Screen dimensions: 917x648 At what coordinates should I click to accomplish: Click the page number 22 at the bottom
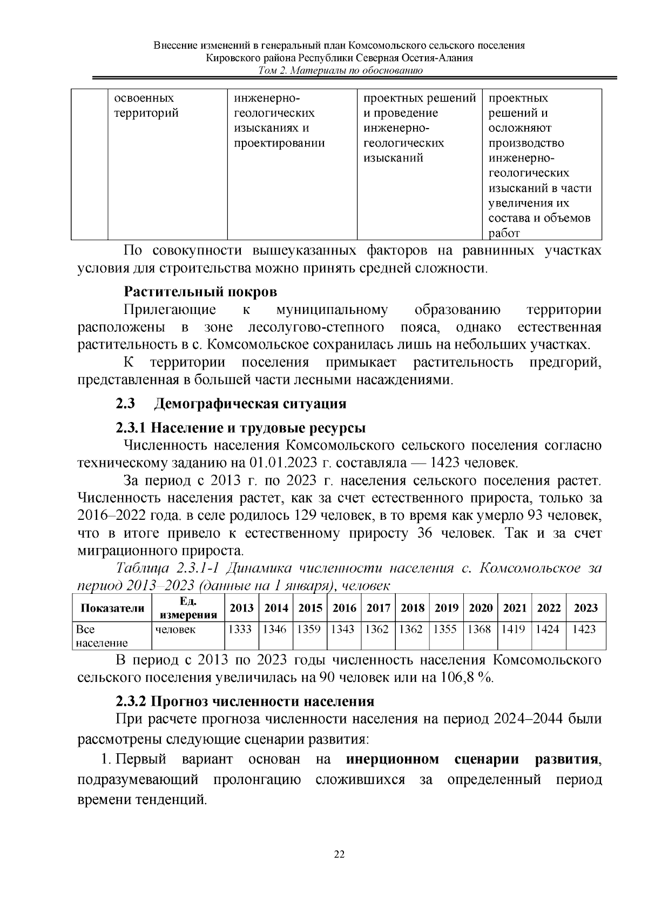[340, 854]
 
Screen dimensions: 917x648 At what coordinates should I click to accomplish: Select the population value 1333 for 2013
[241, 629]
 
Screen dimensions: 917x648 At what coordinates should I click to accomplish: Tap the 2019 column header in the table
[447, 607]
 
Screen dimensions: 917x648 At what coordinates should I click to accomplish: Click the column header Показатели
[112, 608]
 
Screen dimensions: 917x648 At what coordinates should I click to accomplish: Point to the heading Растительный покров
[200, 292]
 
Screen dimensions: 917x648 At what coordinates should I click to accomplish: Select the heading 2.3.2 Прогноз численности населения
[245, 701]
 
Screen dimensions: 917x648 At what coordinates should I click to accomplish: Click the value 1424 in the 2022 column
[548, 629]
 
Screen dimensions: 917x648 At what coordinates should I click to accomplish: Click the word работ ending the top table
[504, 233]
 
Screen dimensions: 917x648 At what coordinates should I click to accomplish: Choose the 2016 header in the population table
[344, 607]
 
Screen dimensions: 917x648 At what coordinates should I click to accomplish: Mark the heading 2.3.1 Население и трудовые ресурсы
[241, 428]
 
